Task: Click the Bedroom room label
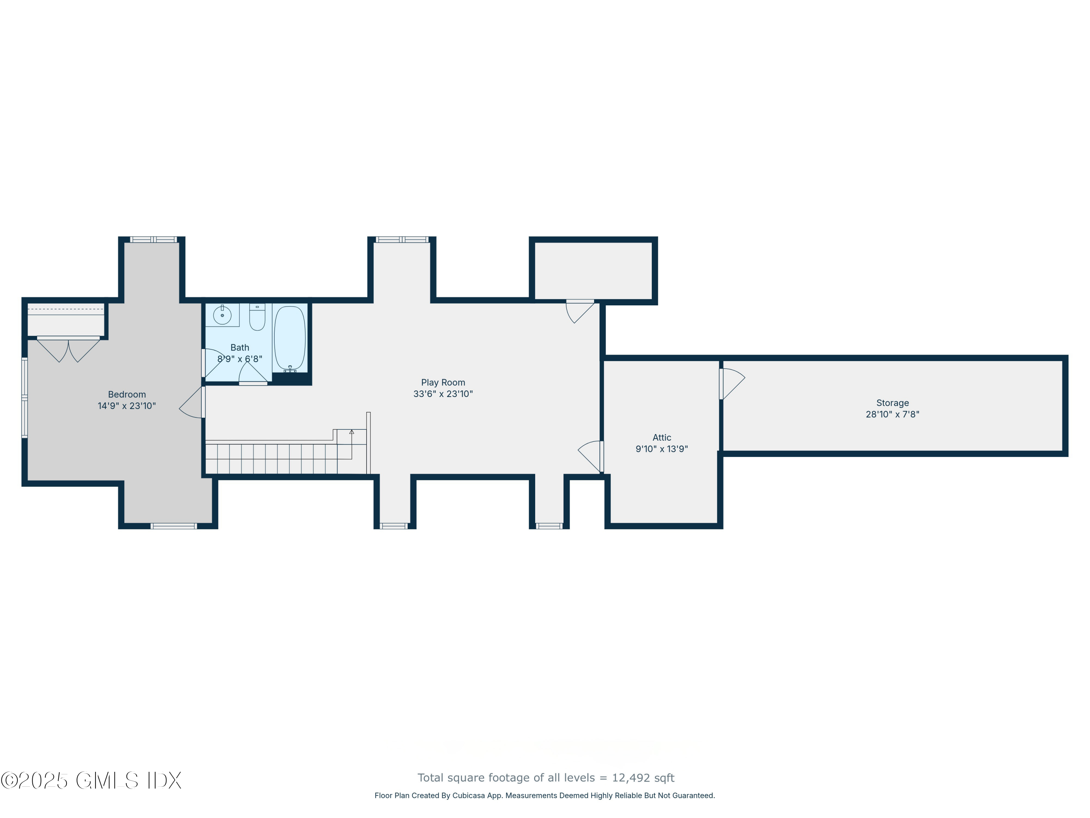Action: [x=127, y=394]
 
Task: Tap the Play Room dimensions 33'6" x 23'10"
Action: [x=443, y=394]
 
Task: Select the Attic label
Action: [x=661, y=437]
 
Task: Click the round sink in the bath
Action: [x=222, y=315]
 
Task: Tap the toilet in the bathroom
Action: [x=257, y=317]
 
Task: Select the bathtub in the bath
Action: [x=290, y=338]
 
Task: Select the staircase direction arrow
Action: [x=351, y=432]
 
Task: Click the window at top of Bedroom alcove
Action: [x=153, y=240]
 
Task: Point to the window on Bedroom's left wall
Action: [x=24, y=397]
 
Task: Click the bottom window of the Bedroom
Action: [x=173, y=526]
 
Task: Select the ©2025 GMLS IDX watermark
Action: [x=91, y=781]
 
